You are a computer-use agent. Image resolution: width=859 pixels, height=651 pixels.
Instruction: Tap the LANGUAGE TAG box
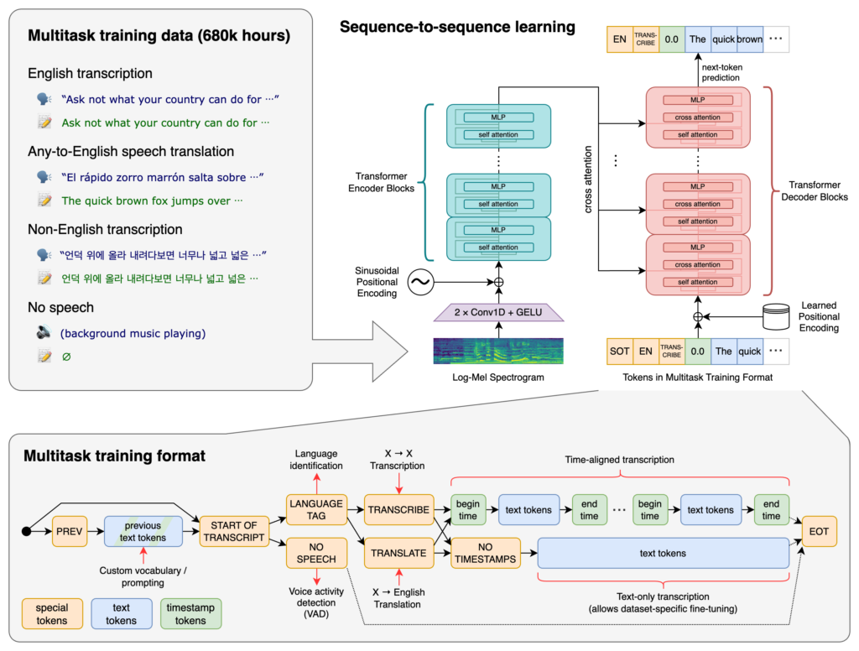(315, 509)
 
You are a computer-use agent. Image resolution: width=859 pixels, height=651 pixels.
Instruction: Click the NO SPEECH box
(315, 553)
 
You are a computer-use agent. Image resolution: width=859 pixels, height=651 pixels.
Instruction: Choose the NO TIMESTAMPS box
(484, 553)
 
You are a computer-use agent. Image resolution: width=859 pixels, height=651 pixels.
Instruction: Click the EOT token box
(818, 531)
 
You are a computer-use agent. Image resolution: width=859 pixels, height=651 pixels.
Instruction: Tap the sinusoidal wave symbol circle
(419, 284)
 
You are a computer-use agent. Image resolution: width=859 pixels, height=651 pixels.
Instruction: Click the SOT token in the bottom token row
(619, 352)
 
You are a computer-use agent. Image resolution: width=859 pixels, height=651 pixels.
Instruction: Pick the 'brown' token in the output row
(749, 39)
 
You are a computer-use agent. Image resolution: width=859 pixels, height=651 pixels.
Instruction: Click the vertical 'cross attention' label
(587, 180)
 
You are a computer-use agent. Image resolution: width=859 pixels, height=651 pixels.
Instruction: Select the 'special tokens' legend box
(52, 614)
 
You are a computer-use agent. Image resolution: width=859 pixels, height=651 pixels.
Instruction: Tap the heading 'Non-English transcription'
(105, 229)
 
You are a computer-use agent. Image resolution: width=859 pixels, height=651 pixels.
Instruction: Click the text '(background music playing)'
(132, 333)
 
